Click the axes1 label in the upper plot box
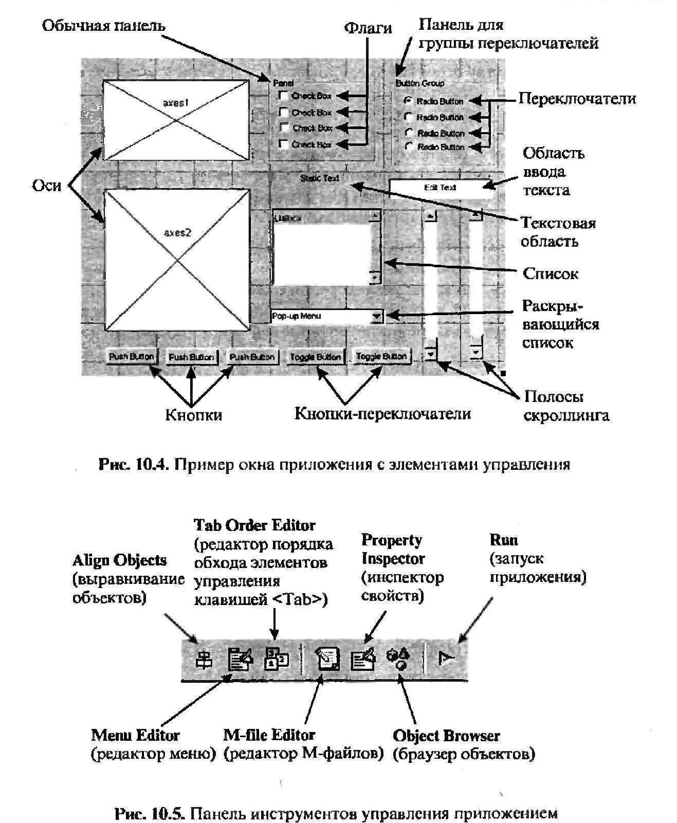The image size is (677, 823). point(176,103)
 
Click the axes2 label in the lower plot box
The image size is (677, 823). point(177,232)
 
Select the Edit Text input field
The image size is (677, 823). point(440,188)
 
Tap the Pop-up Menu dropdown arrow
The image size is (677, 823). point(377,316)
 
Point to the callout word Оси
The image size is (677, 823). point(46,186)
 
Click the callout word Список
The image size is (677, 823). point(550,273)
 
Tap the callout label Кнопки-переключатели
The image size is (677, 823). point(382,414)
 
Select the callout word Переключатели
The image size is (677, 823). point(577,99)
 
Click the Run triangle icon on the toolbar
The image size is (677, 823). point(445,658)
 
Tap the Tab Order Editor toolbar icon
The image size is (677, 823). point(277,659)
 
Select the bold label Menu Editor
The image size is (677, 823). point(135,735)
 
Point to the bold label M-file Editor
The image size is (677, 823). point(269,735)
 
